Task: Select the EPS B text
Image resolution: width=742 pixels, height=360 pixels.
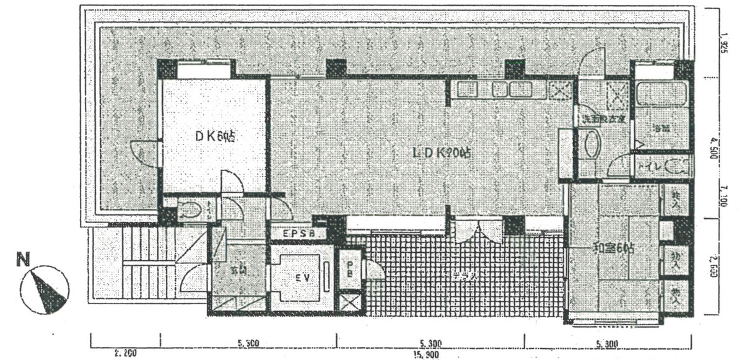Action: tap(300, 234)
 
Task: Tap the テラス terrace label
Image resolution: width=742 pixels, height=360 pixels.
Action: tap(466, 277)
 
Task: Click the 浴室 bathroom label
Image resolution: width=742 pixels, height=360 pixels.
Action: tap(662, 129)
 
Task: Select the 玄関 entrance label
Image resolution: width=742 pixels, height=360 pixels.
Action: tap(239, 271)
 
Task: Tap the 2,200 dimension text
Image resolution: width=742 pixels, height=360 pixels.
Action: tap(124, 354)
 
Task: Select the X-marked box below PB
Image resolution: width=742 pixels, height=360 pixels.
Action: tap(350, 304)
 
